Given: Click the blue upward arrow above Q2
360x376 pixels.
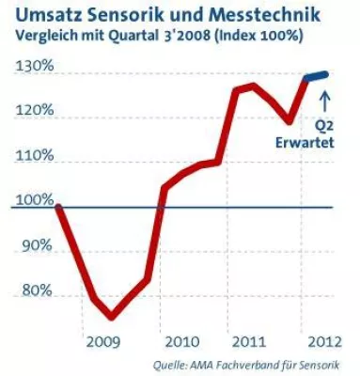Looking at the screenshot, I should coord(326,97).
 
